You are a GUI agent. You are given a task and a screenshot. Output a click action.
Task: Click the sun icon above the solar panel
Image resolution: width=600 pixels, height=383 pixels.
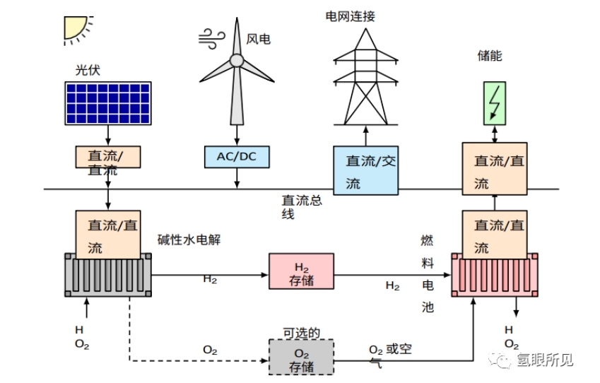[76, 26]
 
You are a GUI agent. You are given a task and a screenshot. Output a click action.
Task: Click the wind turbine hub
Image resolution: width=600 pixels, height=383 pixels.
[236, 61]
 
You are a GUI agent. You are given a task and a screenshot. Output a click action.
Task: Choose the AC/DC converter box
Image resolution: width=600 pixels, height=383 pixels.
[237, 157]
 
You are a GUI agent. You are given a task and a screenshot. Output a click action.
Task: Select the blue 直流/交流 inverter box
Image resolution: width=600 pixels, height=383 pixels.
[365, 171]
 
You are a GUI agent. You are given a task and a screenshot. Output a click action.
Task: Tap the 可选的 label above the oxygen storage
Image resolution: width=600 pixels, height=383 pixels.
[302, 332]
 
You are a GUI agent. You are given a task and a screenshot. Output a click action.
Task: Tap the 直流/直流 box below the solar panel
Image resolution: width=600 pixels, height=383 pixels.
[108, 158]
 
